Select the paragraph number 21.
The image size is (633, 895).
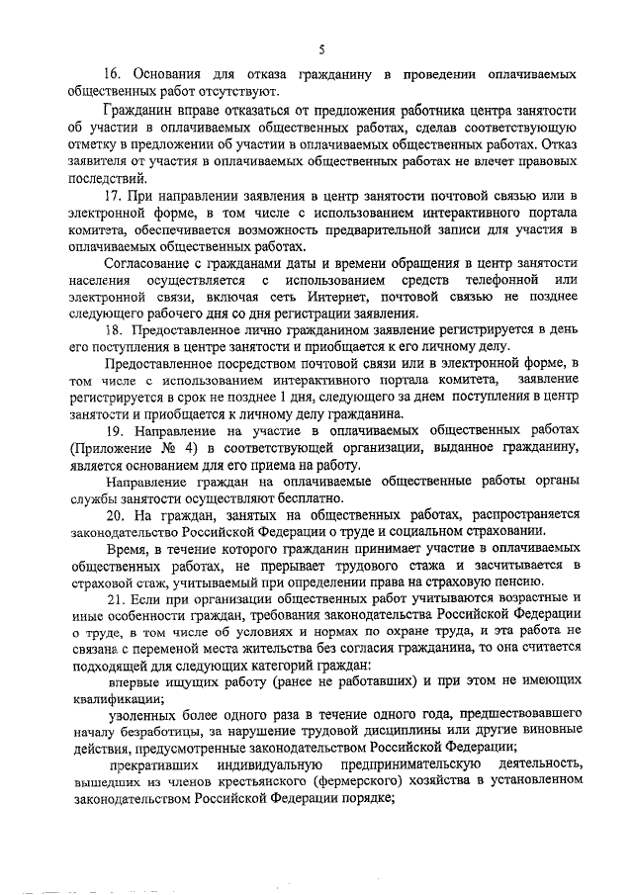pos(116,600)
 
